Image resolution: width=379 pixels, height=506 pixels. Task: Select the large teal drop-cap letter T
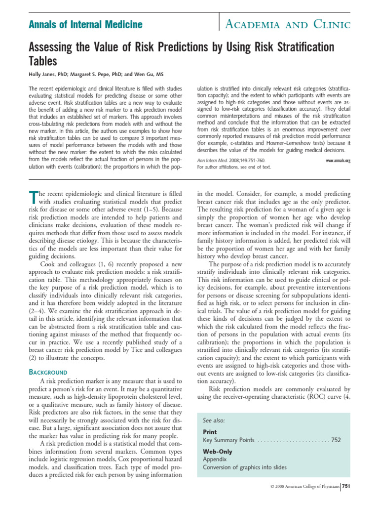pyautogui.click(x=34, y=197)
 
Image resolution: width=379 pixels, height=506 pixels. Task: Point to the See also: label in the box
pyautogui.click(x=214, y=420)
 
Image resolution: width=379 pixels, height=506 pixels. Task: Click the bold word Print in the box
pyautogui.click(x=210, y=431)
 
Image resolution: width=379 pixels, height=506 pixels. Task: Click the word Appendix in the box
pyautogui.click(x=215, y=459)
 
